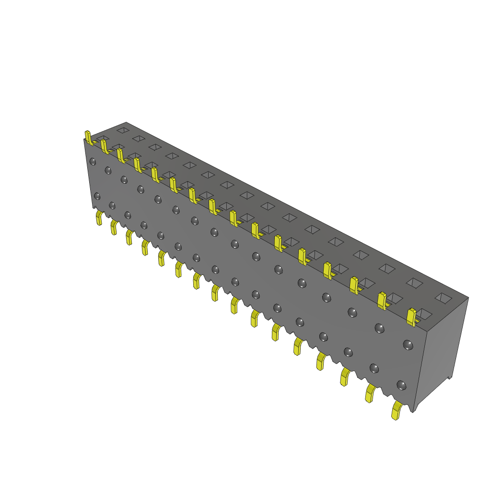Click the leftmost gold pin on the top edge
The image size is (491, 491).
88,137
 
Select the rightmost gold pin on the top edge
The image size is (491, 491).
411,317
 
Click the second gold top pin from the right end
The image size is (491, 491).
382,300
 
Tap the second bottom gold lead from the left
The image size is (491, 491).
114,227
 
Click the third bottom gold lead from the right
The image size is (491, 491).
345,376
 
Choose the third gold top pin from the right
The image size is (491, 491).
354,285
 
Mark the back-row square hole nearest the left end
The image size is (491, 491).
123,130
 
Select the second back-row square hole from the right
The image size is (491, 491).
414,283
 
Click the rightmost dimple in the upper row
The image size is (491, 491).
408,344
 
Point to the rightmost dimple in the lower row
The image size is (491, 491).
401,385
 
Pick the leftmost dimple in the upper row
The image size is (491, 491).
93,162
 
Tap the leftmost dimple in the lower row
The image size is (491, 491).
97,196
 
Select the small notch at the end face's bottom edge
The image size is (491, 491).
449,378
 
